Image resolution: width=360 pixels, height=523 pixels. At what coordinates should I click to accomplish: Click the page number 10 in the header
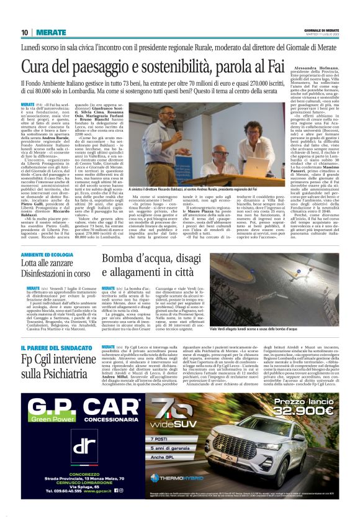click(25, 32)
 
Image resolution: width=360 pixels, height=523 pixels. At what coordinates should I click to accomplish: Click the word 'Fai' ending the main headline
click(310, 66)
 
